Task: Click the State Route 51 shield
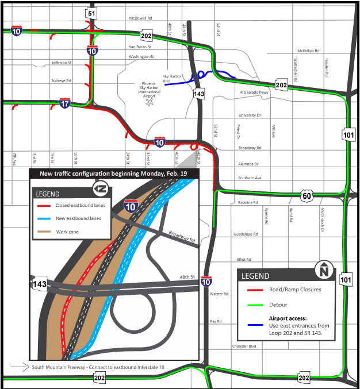point(92,13)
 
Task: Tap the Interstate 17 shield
point(65,103)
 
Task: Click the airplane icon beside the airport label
point(151,102)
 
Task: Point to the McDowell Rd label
point(141,18)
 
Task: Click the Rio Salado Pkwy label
point(254,92)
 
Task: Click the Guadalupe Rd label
point(246,234)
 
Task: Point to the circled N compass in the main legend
point(324,269)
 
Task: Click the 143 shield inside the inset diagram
point(39,283)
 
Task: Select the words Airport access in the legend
point(288,318)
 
